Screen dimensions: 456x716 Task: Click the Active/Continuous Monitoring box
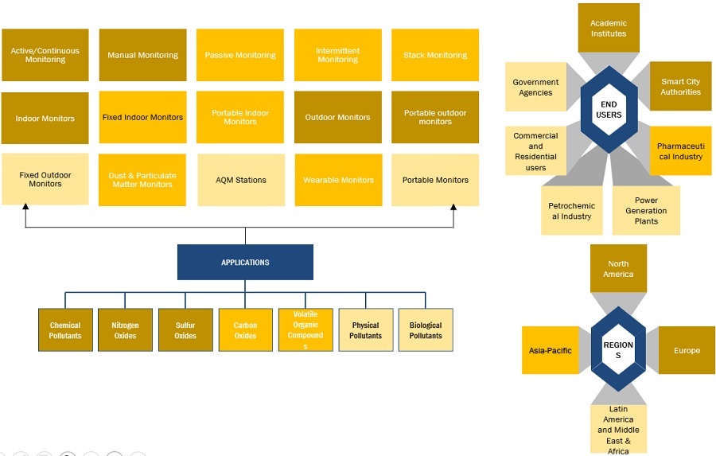click(x=45, y=55)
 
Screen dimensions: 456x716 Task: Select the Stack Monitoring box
click(x=435, y=55)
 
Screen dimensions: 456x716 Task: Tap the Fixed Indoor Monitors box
click(x=142, y=117)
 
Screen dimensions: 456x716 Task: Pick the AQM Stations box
click(x=241, y=180)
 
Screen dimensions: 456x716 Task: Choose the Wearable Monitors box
click(x=338, y=180)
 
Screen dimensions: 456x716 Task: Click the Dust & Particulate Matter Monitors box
click(x=142, y=180)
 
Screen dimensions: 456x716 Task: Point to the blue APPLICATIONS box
click(x=245, y=262)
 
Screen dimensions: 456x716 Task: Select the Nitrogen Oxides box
click(x=125, y=330)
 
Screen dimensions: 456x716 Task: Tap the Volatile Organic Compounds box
click(x=305, y=330)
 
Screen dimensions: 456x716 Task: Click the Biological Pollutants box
click(x=426, y=330)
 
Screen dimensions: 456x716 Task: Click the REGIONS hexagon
click(x=618, y=350)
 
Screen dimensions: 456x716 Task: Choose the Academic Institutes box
click(x=609, y=29)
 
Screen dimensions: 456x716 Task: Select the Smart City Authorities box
click(x=680, y=87)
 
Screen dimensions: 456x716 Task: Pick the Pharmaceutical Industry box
click(x=680, y=151)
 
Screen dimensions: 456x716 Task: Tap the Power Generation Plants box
click(x=646, y=211)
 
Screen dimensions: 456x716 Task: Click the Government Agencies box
click(x=535, y=87)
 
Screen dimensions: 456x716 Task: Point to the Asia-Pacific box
click(x=551, y=350)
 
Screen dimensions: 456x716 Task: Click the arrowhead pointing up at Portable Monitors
click(x=454, y=209)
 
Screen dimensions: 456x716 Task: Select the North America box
click(x=618, y=268)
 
